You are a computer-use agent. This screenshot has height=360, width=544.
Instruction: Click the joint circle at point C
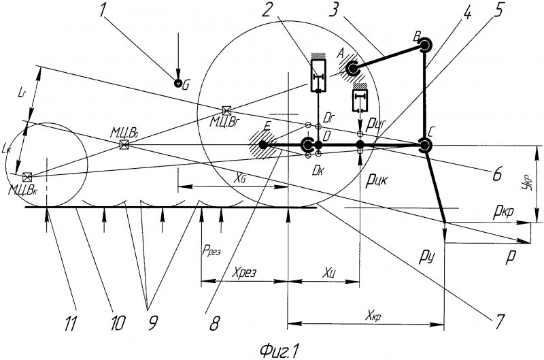(426, 145)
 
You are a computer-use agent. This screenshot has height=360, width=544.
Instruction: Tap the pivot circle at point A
(353, 69)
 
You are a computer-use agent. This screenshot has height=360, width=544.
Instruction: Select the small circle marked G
(177, 84)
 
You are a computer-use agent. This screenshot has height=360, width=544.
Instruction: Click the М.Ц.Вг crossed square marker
(226, 110)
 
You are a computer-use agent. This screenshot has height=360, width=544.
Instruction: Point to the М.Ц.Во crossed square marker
(124, 145)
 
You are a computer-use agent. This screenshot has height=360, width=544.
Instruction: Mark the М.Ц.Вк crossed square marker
(27, 177)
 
